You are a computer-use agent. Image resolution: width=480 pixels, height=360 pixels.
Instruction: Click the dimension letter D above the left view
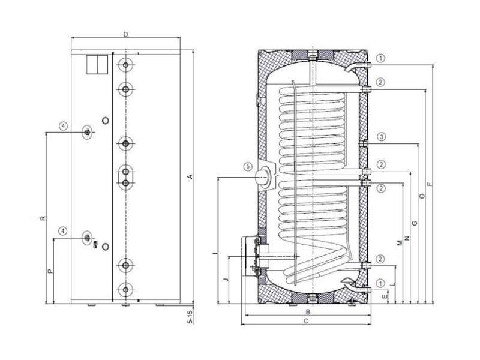point(125,34)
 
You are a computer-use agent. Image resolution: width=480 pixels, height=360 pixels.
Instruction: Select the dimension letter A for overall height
point(190,176)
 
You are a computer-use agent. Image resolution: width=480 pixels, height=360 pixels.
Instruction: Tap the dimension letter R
point(43,218)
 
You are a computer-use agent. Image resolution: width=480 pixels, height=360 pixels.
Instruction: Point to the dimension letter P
point(51,271)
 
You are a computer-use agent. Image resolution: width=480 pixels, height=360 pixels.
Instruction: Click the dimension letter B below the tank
point(308,312)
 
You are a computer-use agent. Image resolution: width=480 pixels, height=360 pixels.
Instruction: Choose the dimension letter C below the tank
point(305,321)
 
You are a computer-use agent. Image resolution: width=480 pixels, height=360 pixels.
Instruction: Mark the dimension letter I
point(215,253)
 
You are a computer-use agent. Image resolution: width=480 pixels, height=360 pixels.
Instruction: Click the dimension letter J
point(226,280)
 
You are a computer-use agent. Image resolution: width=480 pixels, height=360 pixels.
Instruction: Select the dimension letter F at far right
point(430,184)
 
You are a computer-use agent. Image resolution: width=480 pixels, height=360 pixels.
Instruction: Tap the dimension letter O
point(422,196)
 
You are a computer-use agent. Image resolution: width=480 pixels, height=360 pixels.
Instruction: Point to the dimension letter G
point(415,223)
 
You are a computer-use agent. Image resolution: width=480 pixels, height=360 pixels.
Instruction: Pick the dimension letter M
point(400,243)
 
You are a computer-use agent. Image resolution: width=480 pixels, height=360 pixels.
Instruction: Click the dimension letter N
point(407,238)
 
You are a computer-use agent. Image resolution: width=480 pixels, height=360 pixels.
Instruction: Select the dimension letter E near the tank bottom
point(385,296)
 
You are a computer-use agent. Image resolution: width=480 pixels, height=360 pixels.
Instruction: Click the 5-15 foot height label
point(190,317)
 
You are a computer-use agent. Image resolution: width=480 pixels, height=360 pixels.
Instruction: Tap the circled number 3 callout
point(381,137)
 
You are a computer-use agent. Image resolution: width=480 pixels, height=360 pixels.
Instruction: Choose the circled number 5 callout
point(248,167)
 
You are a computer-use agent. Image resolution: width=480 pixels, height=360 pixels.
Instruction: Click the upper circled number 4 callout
point(63,126)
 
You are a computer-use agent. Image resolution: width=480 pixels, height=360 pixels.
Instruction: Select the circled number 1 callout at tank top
point(380,58)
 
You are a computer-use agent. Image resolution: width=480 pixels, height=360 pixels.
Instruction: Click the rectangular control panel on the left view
point(97,65)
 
